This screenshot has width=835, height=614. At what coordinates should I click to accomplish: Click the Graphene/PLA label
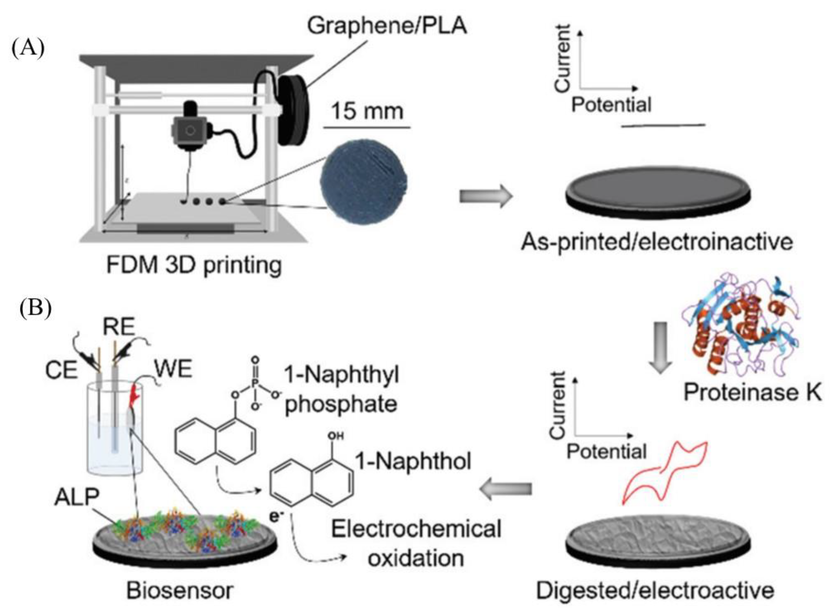click(x=387, y=26)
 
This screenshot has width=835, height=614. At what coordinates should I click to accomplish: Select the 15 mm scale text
click(x=367, y=111)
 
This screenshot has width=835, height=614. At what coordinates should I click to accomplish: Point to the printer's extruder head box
click(x=190, y=130)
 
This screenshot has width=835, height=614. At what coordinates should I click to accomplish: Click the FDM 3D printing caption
click(x=194, y=265)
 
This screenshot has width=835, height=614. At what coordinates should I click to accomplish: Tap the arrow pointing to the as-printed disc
click(x=486, y=196)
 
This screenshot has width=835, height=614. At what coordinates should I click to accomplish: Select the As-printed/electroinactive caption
click(x=657, y=242)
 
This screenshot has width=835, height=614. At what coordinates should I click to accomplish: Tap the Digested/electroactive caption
click(x=655, y=590)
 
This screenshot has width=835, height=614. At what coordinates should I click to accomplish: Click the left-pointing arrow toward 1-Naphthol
click(x=506, y=490)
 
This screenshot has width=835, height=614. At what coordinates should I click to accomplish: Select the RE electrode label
click(x=118, y=327)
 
